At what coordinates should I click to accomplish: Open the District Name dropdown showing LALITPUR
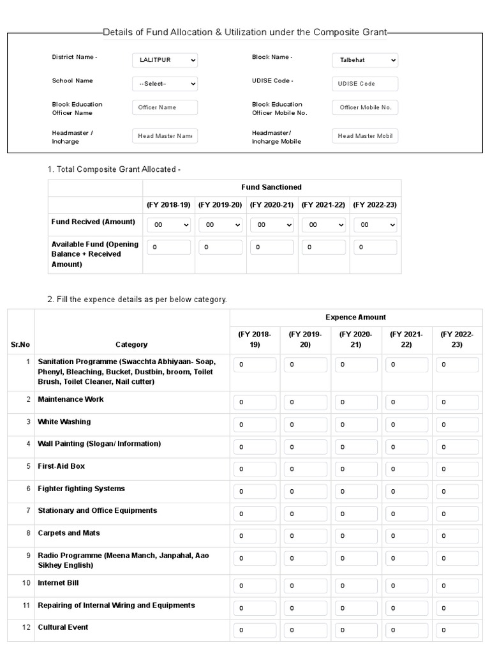[165, 60]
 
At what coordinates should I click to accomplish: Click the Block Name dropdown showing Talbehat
[365, 60]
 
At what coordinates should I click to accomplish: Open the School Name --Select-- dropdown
[165, 84]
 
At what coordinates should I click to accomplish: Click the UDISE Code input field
[365, 84]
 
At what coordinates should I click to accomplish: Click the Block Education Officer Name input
[165, 107]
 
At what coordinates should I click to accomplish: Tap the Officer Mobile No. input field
[365, 107]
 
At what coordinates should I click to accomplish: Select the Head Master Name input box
[165, 136]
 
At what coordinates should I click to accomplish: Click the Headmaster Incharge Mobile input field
[365, 136]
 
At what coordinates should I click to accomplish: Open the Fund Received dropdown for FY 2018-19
[169, 225]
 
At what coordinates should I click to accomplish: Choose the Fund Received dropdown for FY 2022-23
[375, 225]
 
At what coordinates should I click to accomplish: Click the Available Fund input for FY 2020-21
[272, 247]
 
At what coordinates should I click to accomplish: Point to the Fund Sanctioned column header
[271, 187]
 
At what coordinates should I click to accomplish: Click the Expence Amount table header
[355, 317]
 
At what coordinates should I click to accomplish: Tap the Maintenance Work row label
[71, 399]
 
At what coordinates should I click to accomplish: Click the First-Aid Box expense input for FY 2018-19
[255, 469]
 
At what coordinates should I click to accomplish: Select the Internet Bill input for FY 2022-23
[457, 585]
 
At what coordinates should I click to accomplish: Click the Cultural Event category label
[63, 627]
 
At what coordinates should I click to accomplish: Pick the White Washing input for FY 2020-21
[356, 424]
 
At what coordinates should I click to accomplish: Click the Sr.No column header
[20, 345]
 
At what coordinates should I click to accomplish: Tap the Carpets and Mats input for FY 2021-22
[406, 535]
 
